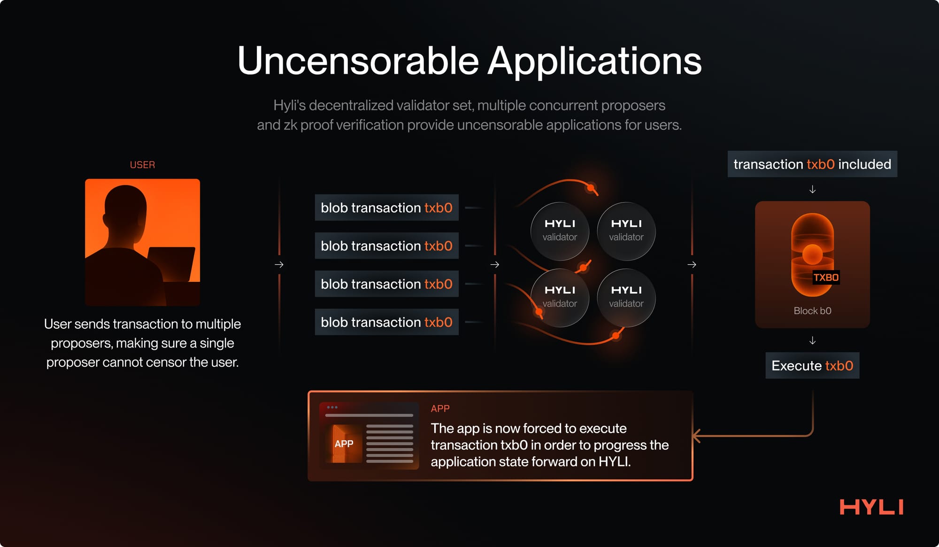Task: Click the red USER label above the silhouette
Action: [142, 165]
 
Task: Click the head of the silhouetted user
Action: [124, 207]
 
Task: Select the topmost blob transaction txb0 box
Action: [386, 208]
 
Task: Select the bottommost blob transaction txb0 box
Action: [386, 322]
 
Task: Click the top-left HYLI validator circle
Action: [560, 231]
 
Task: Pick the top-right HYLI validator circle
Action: [626, 231]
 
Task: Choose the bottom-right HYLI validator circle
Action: [626, 297]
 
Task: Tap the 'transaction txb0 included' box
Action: [812, 164]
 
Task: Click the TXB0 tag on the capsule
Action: [826, 277]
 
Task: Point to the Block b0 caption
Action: [812, 311]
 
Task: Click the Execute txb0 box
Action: [812, 366]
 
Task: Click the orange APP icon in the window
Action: [344, 444]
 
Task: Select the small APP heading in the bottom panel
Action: [440, 408]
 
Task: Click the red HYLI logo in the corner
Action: [871, 507]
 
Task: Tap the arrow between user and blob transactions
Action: [279, 265]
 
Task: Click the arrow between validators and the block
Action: [692, 265]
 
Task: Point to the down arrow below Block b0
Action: [812, 340]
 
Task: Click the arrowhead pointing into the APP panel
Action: [697, 436]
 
